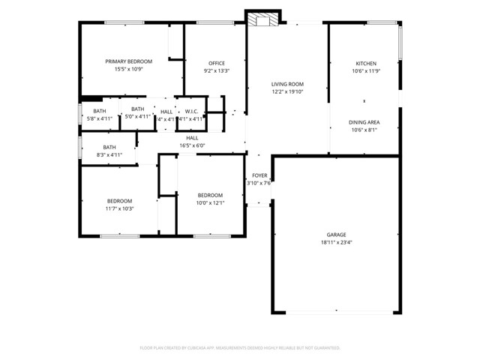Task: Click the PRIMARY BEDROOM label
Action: tap(128, 61)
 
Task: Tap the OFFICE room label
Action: tap(217, 63)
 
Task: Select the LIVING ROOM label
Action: tap(287, 84)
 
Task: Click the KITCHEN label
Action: tap(366, 63)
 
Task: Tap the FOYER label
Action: tap(259, 175)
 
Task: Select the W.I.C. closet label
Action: tap(192, 111)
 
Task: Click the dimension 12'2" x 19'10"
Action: tap(287, 92)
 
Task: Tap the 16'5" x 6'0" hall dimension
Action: tap(192, 146)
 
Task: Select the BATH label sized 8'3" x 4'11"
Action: tap(109, 147)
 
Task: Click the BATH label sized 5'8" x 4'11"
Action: tap(99, 110)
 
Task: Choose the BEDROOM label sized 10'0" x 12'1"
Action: tap(210, 195)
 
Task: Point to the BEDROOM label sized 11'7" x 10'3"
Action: tap(119, 200)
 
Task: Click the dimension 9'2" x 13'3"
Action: tap(217, 71)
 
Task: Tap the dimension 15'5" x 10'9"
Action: tap(128, 70)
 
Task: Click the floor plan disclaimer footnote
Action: tap(240, 348)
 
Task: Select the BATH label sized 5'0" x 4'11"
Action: tap(137, 109)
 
